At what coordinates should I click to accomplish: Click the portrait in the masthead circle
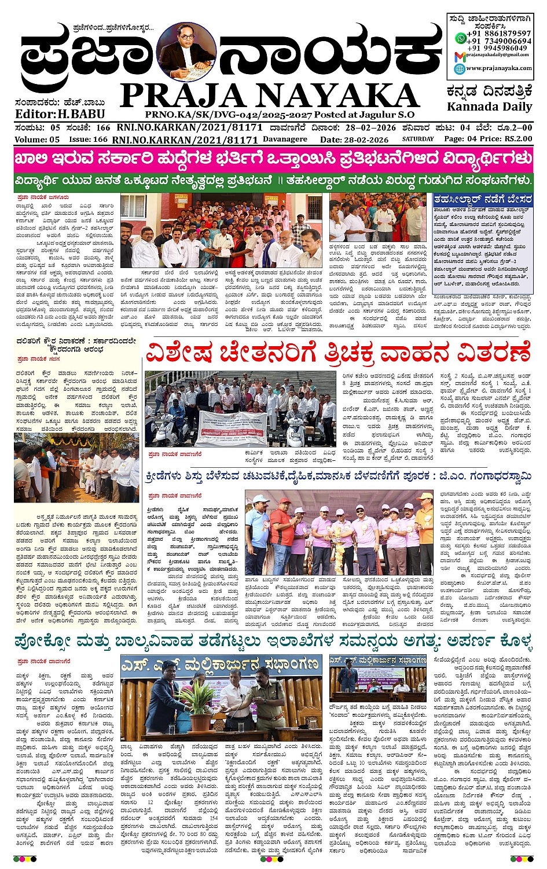[x=185, y=52]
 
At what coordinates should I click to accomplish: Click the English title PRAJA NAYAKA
[x=270, y=96]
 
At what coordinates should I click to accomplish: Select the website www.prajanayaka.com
[x=499, y=68]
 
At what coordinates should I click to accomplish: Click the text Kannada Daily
[x=489, y=107]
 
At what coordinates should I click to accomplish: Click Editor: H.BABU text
[x=60, y=114]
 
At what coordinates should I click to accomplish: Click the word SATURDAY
[x=418, y=139]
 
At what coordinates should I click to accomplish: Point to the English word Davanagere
[x=285, y=139]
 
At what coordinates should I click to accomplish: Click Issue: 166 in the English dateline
[x=88, y=140]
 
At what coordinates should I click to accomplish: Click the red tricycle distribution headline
[x=338, y=353]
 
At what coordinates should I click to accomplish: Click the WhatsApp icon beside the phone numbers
[x=460, y=38]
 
